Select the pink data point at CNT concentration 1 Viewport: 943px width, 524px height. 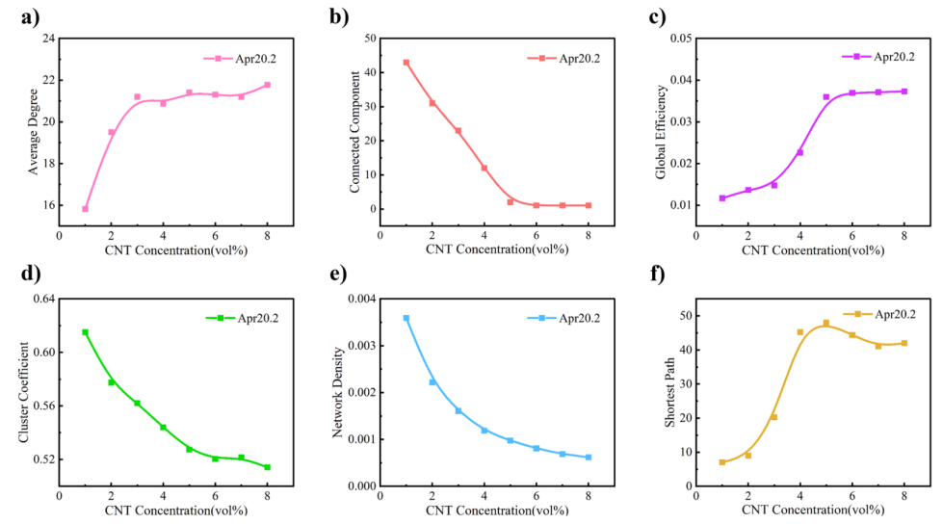(x=85, y=209)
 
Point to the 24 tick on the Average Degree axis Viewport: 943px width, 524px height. (x=47, y=39)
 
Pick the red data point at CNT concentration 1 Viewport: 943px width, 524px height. (x=406, y=63)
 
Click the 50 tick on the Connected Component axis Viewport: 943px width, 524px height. (x=368, y=39)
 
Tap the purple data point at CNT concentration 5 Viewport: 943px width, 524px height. (x=825, y=97)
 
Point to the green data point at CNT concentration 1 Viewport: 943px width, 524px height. (x=85, y=332)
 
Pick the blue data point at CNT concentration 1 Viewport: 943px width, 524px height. (x=406, y=318)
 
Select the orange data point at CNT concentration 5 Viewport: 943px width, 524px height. (x=825, y=323)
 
